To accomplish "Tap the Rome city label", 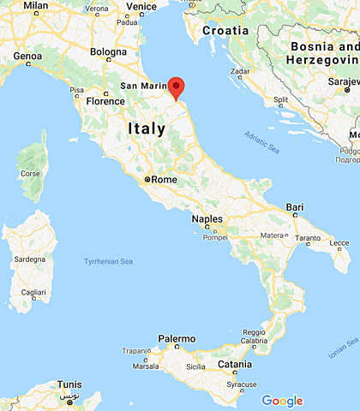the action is [x=165, y=180].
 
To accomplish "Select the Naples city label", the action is [x=207, y=218].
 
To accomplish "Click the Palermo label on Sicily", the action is [x=176, y=339].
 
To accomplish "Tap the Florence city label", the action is [x=106, y=101].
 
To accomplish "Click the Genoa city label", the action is [x=27, y=56].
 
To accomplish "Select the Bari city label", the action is [x=296, y=207].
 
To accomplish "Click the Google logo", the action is [x=282, y=400].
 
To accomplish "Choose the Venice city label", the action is [x=141, y=6].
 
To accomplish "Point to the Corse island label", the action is [x=31, y=173].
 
